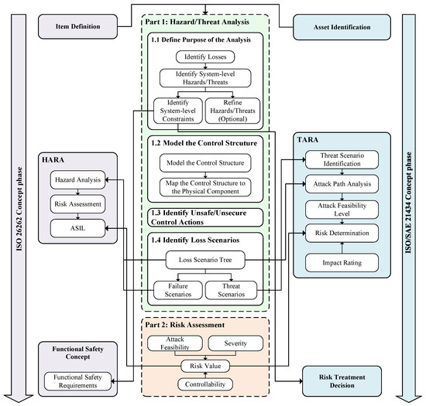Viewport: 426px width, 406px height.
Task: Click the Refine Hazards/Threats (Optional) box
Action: tap(238, 110)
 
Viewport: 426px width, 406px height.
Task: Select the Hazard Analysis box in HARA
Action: tap(78, 180)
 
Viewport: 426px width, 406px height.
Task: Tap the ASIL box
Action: tap(78, 228)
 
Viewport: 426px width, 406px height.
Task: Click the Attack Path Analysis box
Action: tap(338, 185)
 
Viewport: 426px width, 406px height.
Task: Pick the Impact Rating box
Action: tap(338, 261)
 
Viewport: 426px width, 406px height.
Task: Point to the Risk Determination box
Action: tap(338, 232)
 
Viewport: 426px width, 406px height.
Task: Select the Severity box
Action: tap(239, 342)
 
